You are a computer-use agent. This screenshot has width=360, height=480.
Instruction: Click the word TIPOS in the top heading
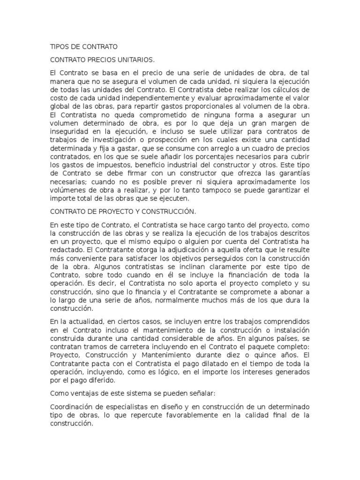(59, 47)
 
